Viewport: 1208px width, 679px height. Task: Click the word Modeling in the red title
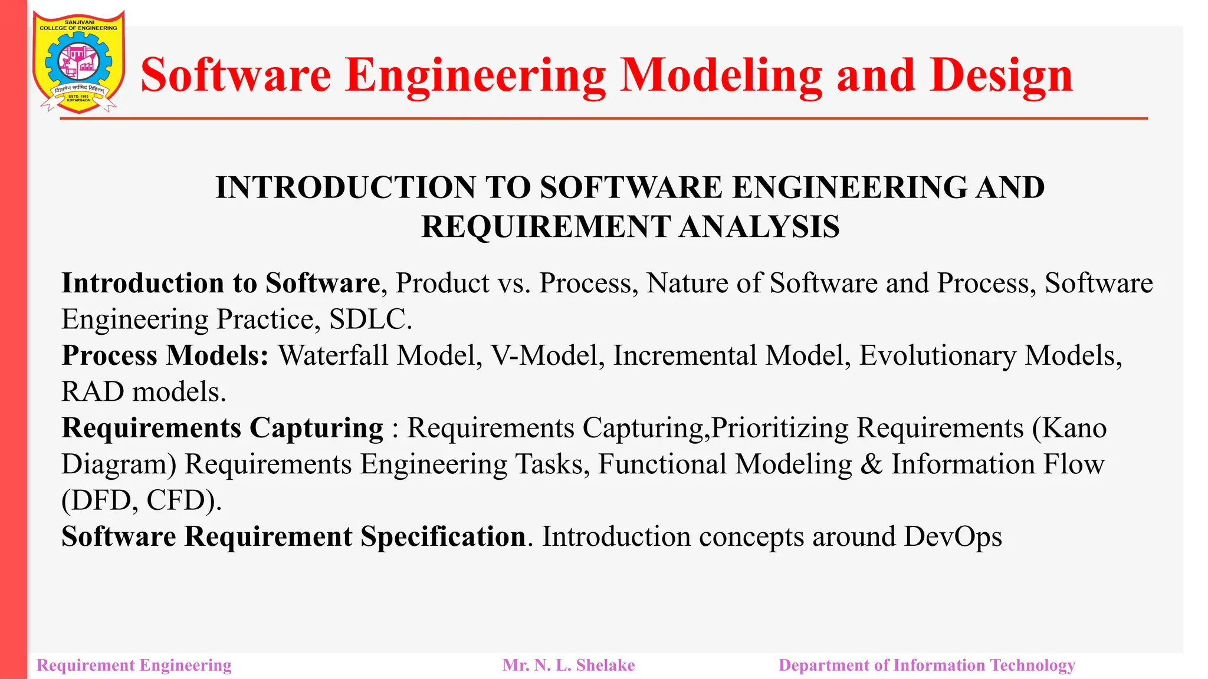pos(721,76)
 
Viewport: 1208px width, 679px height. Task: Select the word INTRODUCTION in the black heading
pos(346,188)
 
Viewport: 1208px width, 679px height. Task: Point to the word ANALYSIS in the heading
pos(759,227)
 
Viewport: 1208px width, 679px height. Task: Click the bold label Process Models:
pos(165,356)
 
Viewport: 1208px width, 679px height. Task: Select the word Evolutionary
pos(937,356)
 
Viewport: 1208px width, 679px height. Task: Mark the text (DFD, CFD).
pos(142,501)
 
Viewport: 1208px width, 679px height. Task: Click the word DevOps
pos(953,537)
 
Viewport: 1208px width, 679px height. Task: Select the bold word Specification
pos(443,537)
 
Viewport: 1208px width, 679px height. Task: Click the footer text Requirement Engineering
pos(134,665)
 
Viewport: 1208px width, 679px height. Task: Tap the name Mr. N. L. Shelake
pos(569,665)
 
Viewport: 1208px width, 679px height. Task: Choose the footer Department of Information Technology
pos(927,665)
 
